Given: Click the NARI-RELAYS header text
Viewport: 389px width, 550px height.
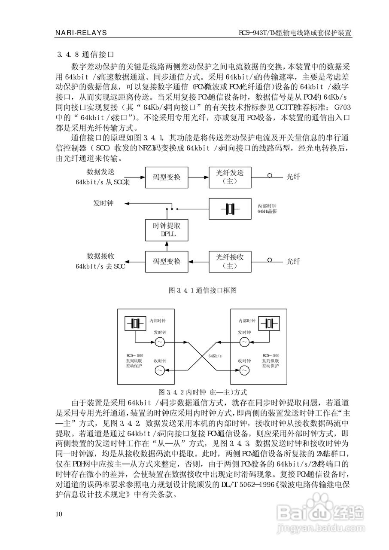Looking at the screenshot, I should [x=81, y=33].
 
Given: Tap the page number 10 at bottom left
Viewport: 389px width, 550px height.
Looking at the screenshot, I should [x=59, y=514].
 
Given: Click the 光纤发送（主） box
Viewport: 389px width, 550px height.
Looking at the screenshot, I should [x=230, y=177].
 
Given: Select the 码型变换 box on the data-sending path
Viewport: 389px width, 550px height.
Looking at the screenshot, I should [x=167, y=177].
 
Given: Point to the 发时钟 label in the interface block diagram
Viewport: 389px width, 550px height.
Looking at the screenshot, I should [x=103, y=203].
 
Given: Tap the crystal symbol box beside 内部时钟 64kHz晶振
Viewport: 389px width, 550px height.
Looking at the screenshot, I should [x=230, y=209].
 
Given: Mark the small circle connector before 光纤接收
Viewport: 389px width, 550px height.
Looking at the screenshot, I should [x=270, y=260].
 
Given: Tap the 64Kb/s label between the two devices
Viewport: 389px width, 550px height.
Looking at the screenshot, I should [x=215, y=356].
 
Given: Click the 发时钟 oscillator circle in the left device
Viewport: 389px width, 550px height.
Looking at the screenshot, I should [x=158, y=342].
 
